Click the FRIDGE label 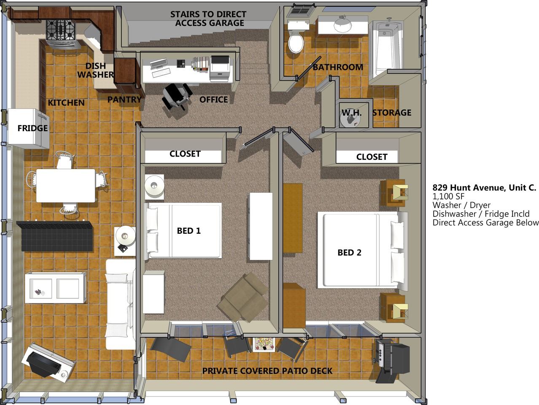pos(32,128)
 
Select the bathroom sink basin pos(343,25)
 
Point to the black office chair pos(176,96)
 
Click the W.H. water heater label pos(352,113)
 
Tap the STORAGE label pos(392,113)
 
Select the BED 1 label pos(189,231)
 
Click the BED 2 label pos(350,252)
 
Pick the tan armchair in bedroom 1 pos(243,297)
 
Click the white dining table pos(65,186)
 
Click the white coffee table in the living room pos(56,288)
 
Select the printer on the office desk pos(221,68)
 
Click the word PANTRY pos(124,100)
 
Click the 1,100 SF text pos(448,197)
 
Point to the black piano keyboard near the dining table pos(55,235)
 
